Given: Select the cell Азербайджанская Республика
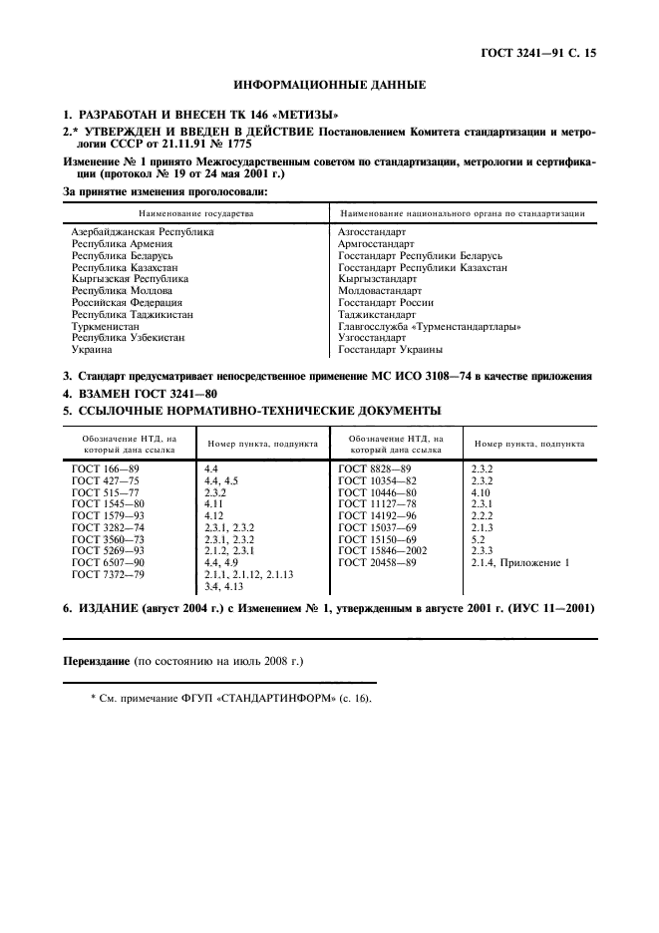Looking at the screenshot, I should click(143, 231).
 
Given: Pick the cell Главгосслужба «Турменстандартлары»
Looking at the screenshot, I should click(431, 326).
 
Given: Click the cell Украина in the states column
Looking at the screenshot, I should click(92, 350).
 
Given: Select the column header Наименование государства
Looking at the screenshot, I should click(196, 213).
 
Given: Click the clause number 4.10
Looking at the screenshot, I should click(480, 491).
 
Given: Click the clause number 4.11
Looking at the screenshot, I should click(212, 503).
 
